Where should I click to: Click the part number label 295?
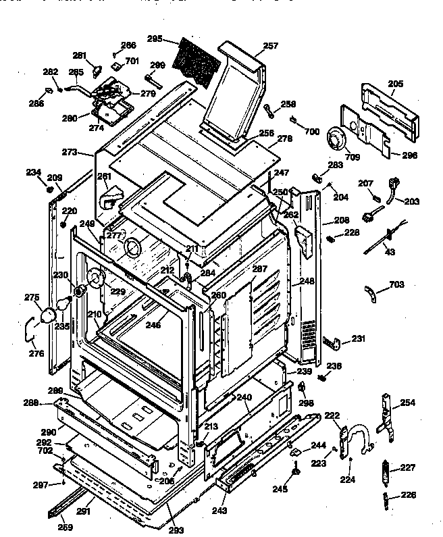tap(155, 39)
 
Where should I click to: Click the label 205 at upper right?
tap(396, 84)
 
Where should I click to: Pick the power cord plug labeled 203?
tap(391, 185)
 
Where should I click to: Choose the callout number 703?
tap(397, 286)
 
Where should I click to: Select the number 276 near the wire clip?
tap(36, 353)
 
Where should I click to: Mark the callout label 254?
tap(407, 403)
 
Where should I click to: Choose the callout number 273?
tap(70, 152)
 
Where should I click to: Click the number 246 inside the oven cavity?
tap(153, 325)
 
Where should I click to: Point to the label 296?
tap(409, 155)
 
